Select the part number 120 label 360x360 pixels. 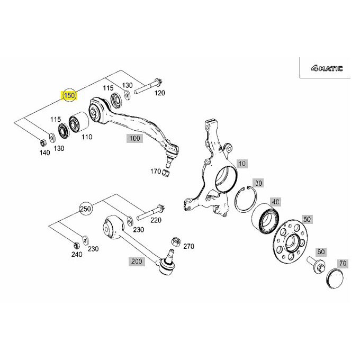click(x=159, y=93)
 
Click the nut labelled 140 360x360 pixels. click(x=42, y=141)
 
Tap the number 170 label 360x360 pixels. click(x=155, y=171)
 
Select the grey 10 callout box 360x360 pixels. click(x=241, y=164)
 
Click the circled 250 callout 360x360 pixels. click(x=86, y=209)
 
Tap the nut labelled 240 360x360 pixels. click(x=75, y=245)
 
